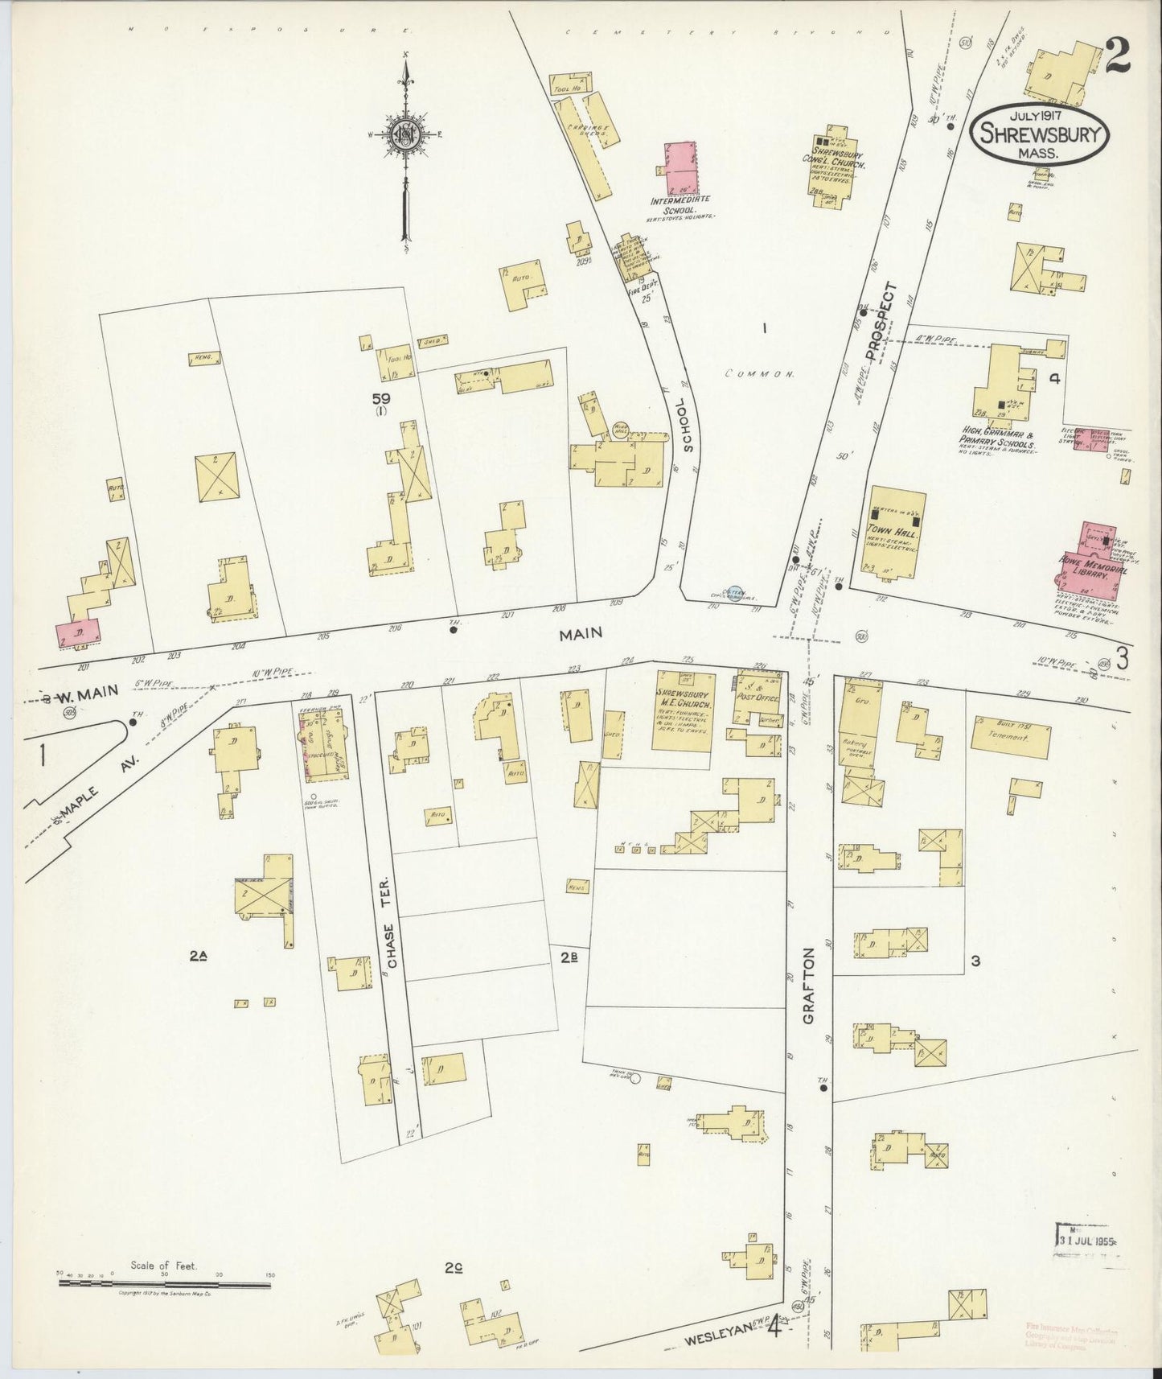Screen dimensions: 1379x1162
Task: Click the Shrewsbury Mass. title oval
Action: coord(1039,135)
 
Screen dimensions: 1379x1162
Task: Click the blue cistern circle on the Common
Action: coord(733,594)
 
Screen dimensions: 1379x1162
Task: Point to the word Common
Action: coord(759,374)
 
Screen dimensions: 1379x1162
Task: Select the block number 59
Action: coord(380,397)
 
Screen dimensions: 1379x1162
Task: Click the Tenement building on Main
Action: coord(1012,736)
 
